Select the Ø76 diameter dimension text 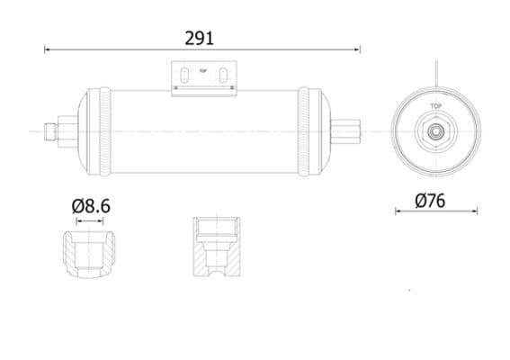click(x=432, y=202)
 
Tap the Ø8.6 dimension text click(x=90, y=206)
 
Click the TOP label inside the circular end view click(x=435, y=106)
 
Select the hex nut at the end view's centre click(x=435, y=130)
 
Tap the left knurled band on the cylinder click(x=107, y=131)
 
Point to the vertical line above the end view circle click(x=436, y=72)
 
